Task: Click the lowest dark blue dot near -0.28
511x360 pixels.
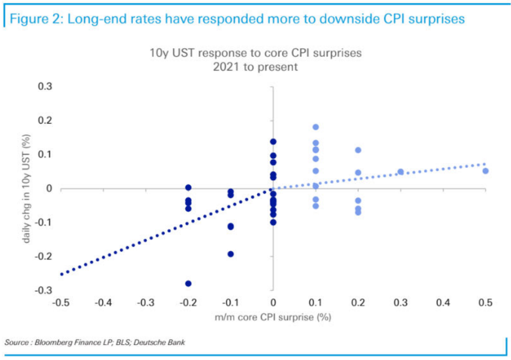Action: (188, 283)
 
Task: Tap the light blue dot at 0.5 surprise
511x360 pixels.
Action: (485, 171)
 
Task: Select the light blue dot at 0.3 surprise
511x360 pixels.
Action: (400, 172)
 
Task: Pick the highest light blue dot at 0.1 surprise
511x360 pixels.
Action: (316, 127)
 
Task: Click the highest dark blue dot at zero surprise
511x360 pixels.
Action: (273, 141)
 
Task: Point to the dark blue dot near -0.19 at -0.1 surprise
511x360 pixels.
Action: (230, 254)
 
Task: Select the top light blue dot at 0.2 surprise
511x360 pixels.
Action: (358, 150)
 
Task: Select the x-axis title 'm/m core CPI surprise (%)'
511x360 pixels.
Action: (272, 317)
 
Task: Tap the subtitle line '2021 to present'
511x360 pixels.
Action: (255, 67)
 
